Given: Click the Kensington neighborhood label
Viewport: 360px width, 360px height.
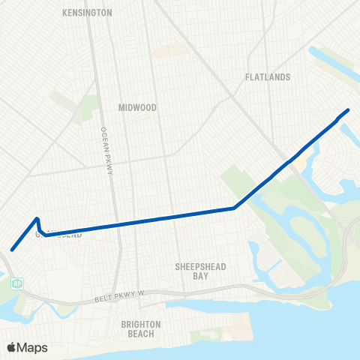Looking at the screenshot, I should click(88, 13).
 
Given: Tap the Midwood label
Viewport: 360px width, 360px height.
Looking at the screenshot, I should click(138, 107).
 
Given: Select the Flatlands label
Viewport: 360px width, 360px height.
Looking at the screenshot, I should click(268, 76).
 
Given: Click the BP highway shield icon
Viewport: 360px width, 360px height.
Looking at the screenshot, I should click(18, 283).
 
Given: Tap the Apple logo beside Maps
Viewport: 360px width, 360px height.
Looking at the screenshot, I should click(12, 347).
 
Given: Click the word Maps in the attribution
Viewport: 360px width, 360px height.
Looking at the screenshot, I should click(32, 347).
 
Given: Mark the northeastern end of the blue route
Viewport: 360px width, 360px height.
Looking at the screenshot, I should click(348, 110).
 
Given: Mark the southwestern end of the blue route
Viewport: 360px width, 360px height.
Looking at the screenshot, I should click(11, 250).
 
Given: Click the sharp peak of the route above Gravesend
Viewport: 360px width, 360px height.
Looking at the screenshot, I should click(37, 219).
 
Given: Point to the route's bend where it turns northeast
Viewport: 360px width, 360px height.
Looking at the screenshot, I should click(235, 208).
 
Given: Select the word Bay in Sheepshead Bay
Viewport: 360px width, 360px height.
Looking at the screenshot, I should click(200, 276).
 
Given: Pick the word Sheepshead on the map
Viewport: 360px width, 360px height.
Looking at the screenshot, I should click(200, 266).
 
